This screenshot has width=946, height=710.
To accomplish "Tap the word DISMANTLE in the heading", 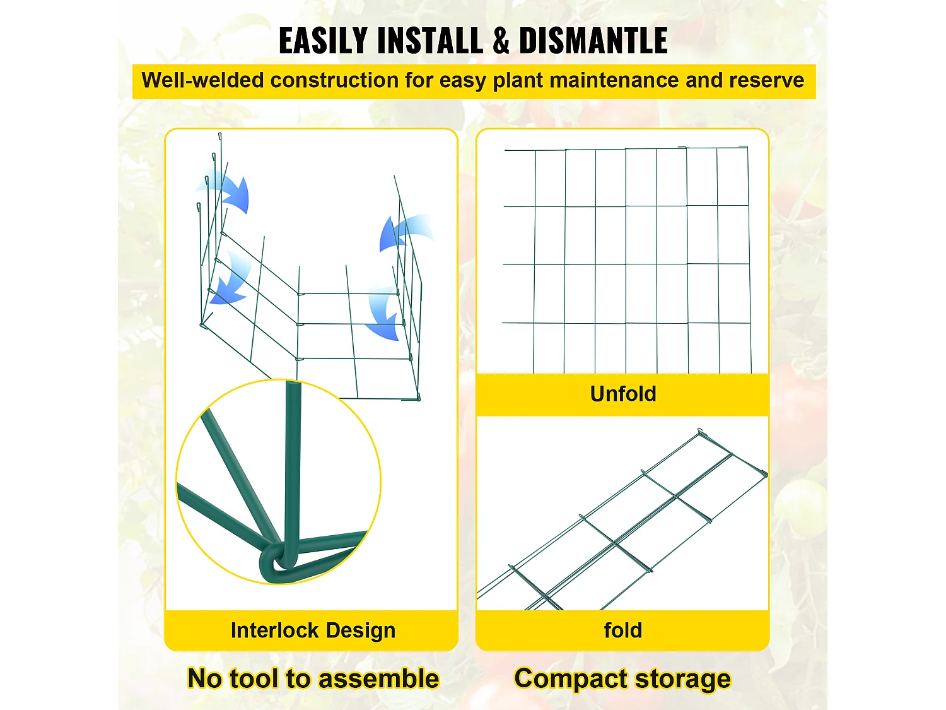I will (593, 41).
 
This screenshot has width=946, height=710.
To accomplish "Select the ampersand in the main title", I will (501, 41).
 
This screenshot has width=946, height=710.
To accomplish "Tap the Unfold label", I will (623, 394).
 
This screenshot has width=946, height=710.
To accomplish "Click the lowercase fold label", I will (623, 630).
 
